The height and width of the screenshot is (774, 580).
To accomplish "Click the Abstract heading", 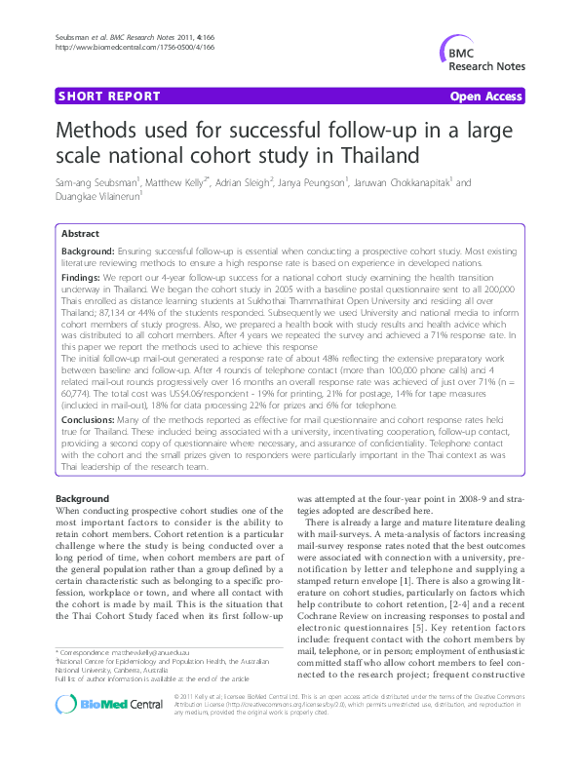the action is click(x=80, y=234).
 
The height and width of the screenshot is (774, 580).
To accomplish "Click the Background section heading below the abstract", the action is click(x=83, y=498).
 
